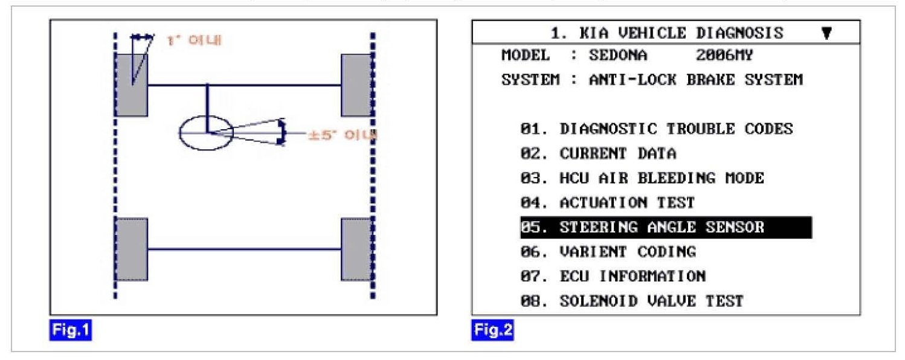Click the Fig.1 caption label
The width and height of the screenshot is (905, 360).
pos(70,331)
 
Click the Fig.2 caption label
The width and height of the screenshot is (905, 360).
pos(492,331)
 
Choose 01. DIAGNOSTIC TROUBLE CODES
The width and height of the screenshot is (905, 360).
pos(656,129)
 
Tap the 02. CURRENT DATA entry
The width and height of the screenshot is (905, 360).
pos(598,153)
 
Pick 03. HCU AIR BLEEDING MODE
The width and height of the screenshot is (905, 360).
pos(642,178)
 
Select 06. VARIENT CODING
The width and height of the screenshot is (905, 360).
pos(608,251)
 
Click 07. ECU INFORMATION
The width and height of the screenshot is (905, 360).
pos(613,276)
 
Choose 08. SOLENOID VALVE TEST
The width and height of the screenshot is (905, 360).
pos(631,300)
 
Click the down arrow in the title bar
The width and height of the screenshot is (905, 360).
pos(826,33)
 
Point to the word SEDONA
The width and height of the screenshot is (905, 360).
pos(609,56)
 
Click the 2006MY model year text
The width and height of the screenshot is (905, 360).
pos(724,56)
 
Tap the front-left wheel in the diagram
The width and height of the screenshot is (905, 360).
pos(132,85)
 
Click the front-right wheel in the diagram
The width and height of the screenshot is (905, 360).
pos(356,85)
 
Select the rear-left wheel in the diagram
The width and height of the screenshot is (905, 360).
pos(132,249)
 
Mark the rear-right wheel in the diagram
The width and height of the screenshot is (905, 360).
pos(356,249)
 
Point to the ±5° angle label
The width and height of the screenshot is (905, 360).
pos(342,135)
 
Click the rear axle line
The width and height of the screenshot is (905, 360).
pos(244,249)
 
